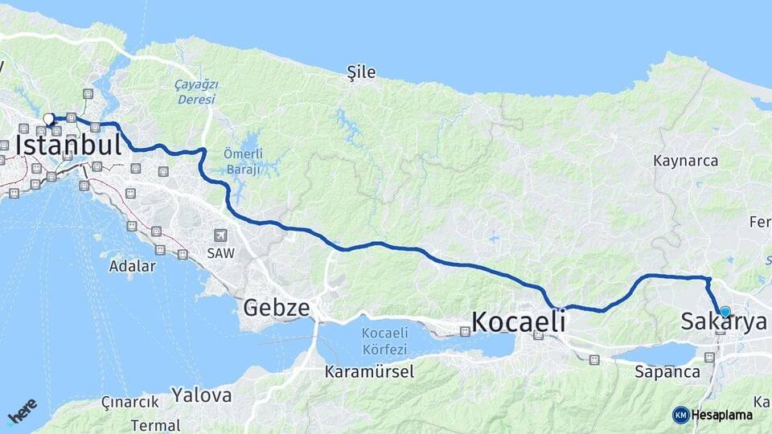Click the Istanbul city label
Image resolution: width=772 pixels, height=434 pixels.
[68, 145]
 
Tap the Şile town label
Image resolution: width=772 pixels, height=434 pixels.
[361, 72]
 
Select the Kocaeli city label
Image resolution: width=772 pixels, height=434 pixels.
[518, 321]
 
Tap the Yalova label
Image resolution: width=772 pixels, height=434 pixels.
[201, 395]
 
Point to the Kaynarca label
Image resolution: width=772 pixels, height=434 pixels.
[685, 161]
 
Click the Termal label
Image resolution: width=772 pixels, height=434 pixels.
[154, 425]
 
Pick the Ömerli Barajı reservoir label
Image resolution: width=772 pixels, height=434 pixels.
[242, 162]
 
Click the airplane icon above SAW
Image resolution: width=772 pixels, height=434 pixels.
[220, 235]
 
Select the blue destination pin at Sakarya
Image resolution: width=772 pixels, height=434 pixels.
[725, 312]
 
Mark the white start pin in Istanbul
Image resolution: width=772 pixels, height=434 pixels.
[49, 120]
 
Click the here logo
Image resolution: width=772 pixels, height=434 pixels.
[22, 412]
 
